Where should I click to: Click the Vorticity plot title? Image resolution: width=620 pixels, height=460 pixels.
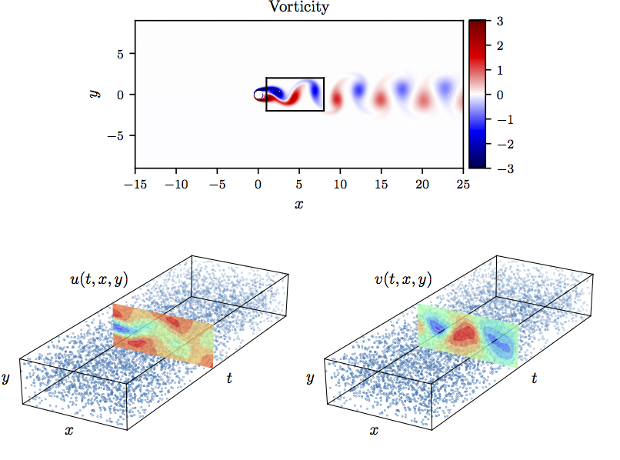(298, 8)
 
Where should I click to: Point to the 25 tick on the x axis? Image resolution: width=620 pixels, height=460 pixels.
(462, 185)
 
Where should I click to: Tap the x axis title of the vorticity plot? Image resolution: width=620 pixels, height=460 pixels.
(298, 204)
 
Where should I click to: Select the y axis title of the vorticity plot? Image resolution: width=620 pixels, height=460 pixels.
(94, 94)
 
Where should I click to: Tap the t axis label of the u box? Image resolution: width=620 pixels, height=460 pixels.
(230, 378)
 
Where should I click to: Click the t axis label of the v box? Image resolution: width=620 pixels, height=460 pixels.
(534, 378)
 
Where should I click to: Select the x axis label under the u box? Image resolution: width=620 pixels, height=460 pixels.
(69, 431)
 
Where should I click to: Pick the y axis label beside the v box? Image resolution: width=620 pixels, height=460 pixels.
(310, 378)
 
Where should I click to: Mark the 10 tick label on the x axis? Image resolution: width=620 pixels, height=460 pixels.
(339, 185)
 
